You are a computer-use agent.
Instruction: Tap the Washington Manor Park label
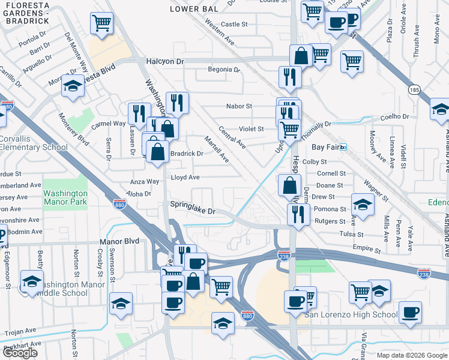pos(65,197)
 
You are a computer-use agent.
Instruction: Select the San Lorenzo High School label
pos(351,314)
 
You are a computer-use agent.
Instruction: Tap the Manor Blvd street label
pos(119,241)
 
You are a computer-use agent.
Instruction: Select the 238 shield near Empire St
pos(285,256)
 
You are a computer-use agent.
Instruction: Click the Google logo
pos(20,353)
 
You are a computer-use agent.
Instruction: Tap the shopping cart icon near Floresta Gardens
pos(102,23)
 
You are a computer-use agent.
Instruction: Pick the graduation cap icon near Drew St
pos(363,205)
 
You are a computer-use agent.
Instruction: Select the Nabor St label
pos(238,106)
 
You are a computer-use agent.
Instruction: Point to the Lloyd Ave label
pos(185,178)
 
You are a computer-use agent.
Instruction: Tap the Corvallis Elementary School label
pos(34,143)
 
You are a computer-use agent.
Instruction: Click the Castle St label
pos(234,25)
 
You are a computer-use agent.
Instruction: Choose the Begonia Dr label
pos(223,70)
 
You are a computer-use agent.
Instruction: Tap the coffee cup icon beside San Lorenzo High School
pos(410,312)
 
